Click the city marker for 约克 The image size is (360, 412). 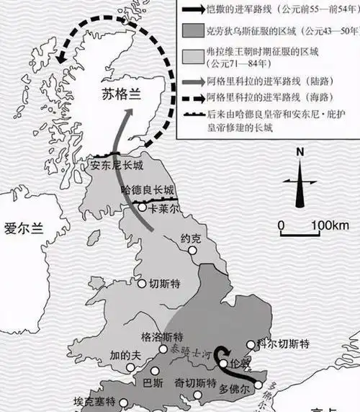[192, 250]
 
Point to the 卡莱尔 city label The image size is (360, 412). [165, 206]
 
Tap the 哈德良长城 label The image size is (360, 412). [148, 191]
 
